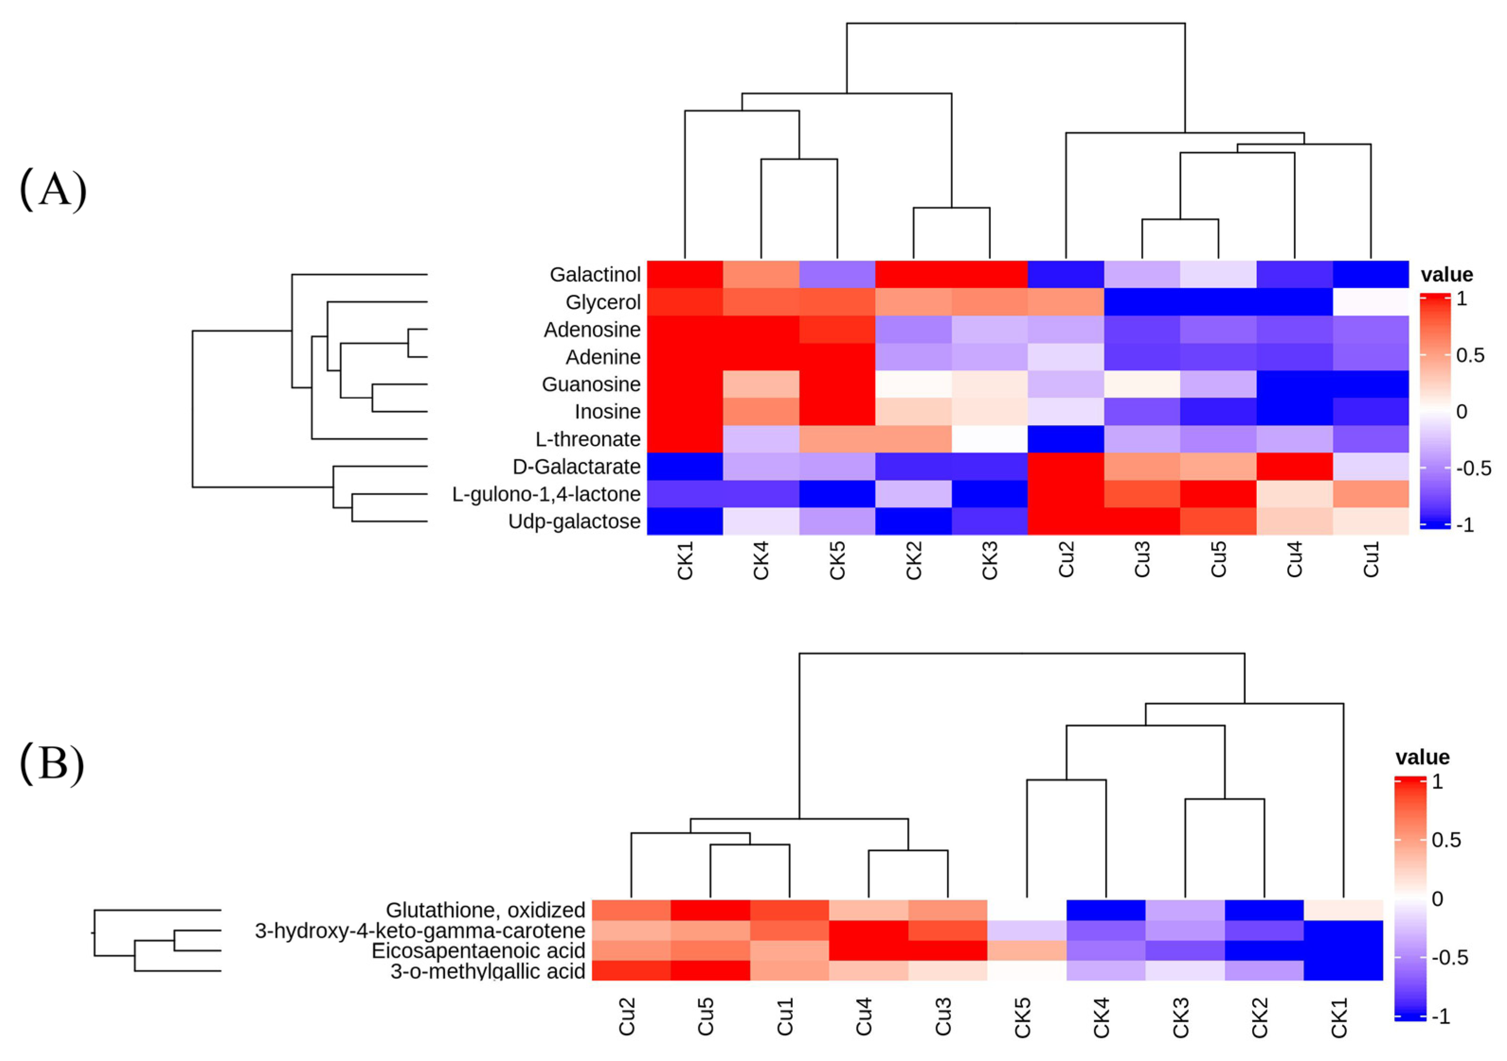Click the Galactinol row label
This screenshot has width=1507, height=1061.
(595, 274)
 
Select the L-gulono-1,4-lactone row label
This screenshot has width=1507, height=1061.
(546, 494)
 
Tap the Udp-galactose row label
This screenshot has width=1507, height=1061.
(574, 521)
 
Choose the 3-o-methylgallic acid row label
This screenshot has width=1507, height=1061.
(488, 971)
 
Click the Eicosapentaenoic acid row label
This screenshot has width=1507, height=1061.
(478, 951)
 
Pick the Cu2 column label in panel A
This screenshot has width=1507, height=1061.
(1066, 560)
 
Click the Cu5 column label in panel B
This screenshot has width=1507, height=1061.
(706, 1017)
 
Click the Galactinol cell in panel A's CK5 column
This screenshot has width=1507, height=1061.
(837, 274)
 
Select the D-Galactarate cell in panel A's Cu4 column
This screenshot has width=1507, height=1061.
(1294, 466)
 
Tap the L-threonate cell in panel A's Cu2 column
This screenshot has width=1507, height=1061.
(1066, 439)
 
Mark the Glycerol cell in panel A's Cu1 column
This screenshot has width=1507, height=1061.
(1371, 302)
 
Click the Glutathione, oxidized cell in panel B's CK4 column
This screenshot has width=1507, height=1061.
(1106, 910)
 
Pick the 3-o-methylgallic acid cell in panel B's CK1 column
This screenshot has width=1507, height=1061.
(1343, 970)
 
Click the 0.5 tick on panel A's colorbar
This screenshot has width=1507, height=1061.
(1470, 355)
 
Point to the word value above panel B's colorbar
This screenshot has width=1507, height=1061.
(1422, 758)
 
